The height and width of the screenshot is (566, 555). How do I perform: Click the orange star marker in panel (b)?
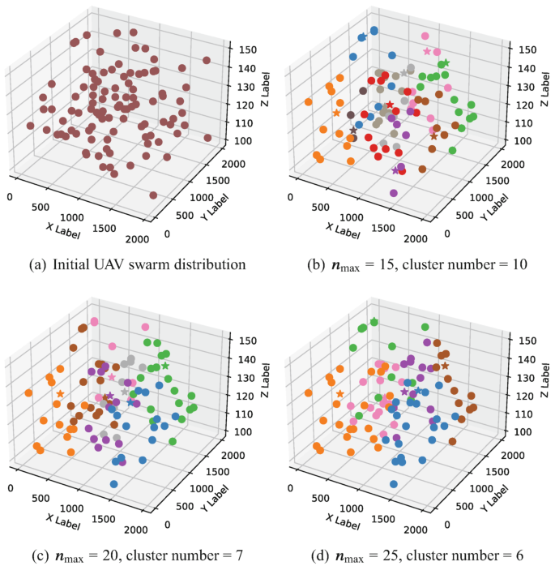335,113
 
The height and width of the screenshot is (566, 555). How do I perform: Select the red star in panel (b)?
390,105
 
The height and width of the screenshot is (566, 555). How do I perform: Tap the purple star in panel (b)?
395,170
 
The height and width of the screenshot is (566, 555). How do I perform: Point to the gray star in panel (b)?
404,74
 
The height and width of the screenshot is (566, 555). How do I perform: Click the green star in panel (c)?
165,366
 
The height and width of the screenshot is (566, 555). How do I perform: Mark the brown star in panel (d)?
444,366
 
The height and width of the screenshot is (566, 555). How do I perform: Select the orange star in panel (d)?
339,394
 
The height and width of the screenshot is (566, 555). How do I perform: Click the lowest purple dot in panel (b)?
394,193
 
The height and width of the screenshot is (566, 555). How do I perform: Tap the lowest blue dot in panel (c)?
113,484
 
